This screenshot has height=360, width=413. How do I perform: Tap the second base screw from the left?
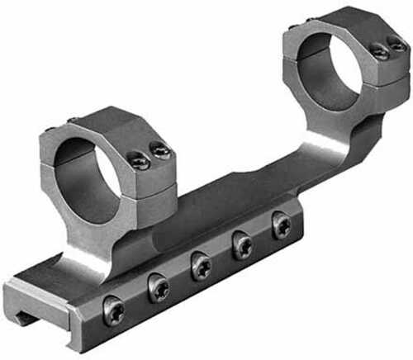pos(158,288)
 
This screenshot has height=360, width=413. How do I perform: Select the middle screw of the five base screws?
pos(201,265)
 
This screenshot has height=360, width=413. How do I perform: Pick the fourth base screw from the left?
pos(243,244)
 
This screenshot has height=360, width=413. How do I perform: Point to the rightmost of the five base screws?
pos(282,224)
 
